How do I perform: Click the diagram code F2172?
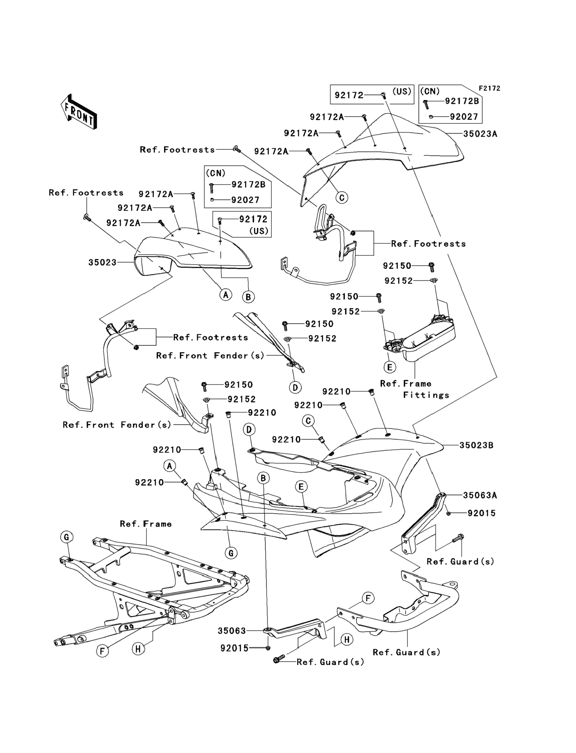[489, 88]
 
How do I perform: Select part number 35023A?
[480, 134]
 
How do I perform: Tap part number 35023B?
[476, 445]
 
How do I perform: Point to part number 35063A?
[480, 495]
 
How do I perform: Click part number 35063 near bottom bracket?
[232, 631]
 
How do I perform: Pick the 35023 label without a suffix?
[102, 263]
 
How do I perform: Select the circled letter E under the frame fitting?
[389, 367]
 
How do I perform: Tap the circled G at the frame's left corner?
[66, 537]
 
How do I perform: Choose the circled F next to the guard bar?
[368, 598]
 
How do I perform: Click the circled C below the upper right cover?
[342, 198]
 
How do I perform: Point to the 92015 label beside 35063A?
[481, 513]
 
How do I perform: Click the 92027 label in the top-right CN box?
[464, 117]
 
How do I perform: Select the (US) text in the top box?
[401, 92]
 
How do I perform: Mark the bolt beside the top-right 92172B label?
[426, 104]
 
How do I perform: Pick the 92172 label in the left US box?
[253, 219]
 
